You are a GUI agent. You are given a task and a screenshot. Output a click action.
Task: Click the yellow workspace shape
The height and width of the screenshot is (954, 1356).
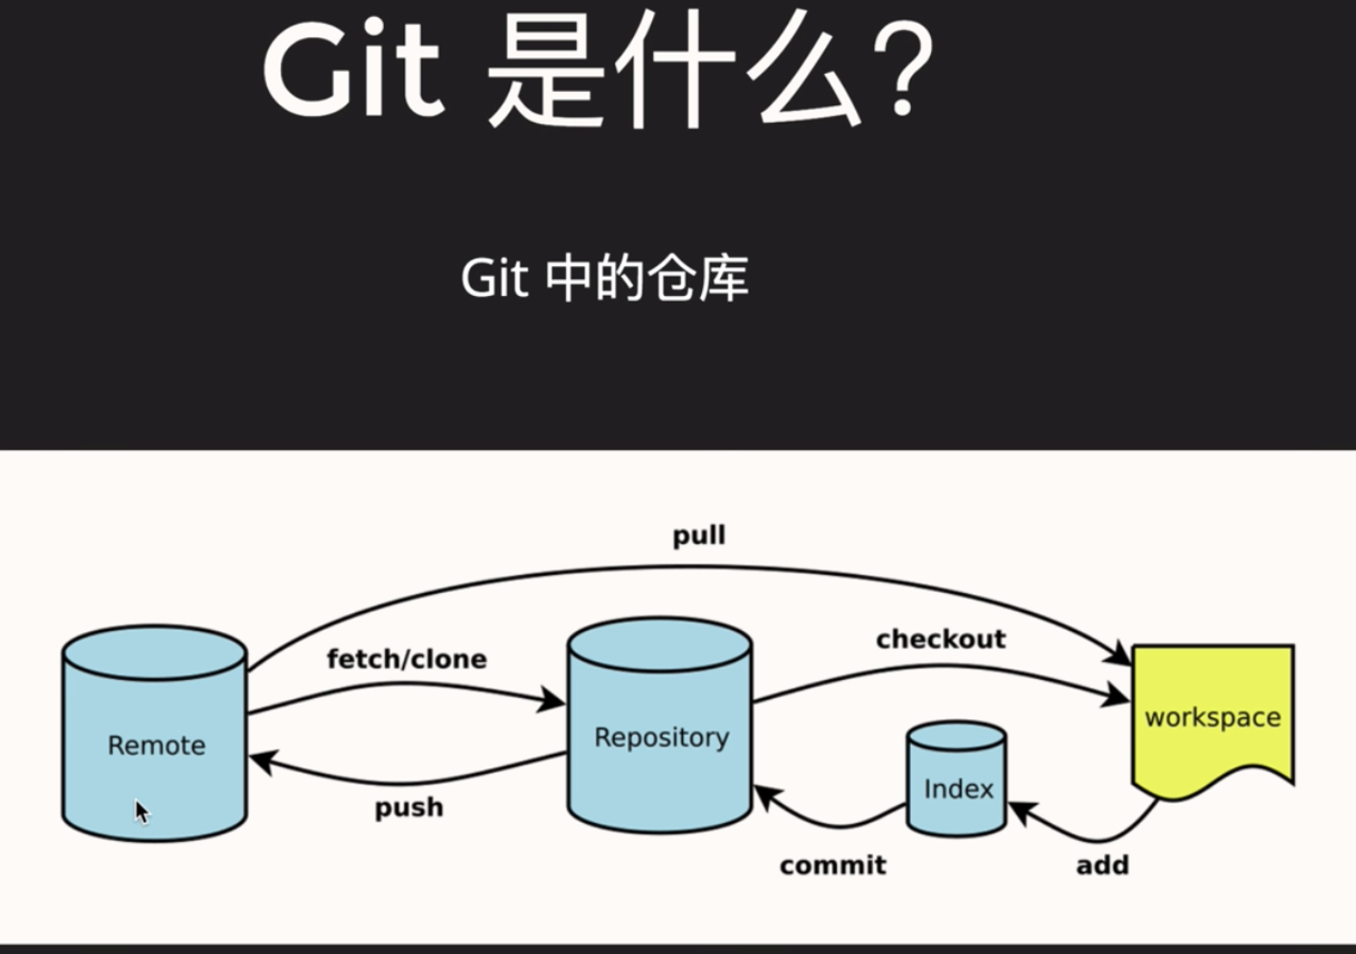(x=1212, y=714)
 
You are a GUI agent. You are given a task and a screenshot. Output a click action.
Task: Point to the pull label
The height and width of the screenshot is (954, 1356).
(x=699, y=535)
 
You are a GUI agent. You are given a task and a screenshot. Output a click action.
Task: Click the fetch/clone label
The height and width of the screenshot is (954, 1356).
(x=407, y=659)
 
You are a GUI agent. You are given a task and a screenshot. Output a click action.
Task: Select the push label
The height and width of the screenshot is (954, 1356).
(x=409, y=807)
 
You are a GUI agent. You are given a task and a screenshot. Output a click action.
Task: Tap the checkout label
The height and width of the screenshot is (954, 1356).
(x=940, y=639)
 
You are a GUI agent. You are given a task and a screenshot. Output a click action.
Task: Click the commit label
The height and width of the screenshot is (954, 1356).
(x=832, y=866)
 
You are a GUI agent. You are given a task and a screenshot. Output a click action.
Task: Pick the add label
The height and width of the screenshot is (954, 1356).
(x=1102, y=866)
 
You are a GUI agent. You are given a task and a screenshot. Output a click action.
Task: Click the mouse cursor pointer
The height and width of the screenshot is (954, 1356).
(x=142, y=812)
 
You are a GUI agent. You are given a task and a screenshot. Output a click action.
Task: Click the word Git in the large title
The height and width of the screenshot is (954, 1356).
(x=352, y=69)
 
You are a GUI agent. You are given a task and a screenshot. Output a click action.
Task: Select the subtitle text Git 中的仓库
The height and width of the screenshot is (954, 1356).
(x=604, y=279)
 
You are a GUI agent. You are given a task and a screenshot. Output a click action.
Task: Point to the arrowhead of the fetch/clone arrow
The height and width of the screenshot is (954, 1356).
(x=552, y=700)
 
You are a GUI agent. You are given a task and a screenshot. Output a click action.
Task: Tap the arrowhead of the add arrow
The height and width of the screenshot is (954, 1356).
(x=1021, y=812)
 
